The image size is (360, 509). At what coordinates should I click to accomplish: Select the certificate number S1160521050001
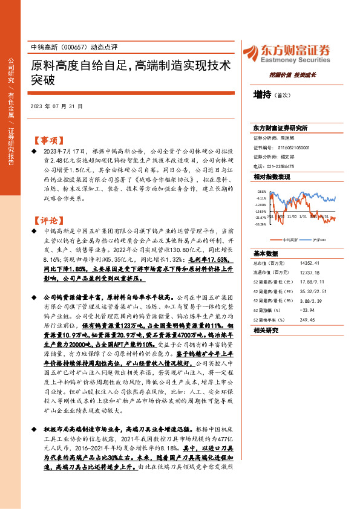pyautogui.click(x=293, y=147)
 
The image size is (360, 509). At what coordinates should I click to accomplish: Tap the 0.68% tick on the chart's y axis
pyautogui.click(x=261, y=192)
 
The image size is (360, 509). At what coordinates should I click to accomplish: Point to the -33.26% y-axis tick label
pyautogui.click(x=261, y=224)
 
